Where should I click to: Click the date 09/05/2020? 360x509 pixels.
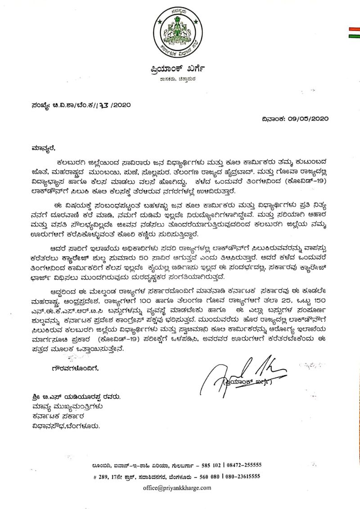pos(310,119)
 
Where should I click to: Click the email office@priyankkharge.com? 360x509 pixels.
pos(176,488)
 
